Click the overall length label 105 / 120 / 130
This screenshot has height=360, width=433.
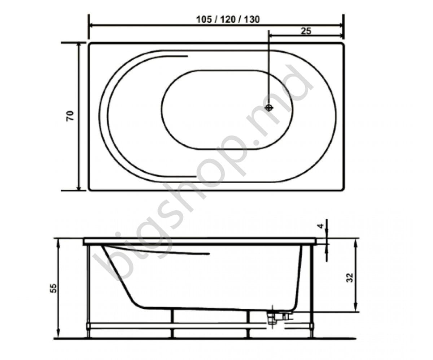tap(228, 19)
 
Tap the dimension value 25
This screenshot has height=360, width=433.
tap(306, 31)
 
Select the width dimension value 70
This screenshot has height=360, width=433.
tap(70, 115)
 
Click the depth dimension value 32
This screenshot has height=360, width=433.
tap(349, 277)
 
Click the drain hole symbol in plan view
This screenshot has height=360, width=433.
tap(269, 107)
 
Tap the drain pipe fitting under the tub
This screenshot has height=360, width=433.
tap(273, 317)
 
